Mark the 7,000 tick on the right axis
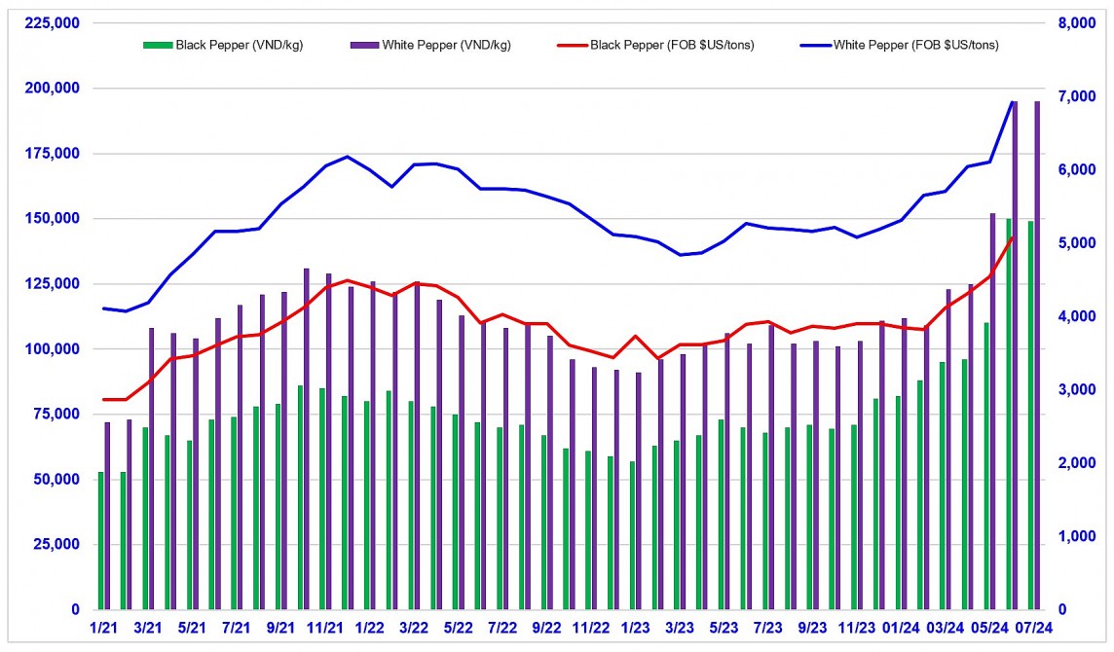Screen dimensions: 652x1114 pos(1080,95)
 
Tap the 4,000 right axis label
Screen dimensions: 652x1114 pos(1080,316)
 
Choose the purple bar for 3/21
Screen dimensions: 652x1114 pos(152,468)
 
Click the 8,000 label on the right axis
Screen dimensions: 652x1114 pos(1080,22)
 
